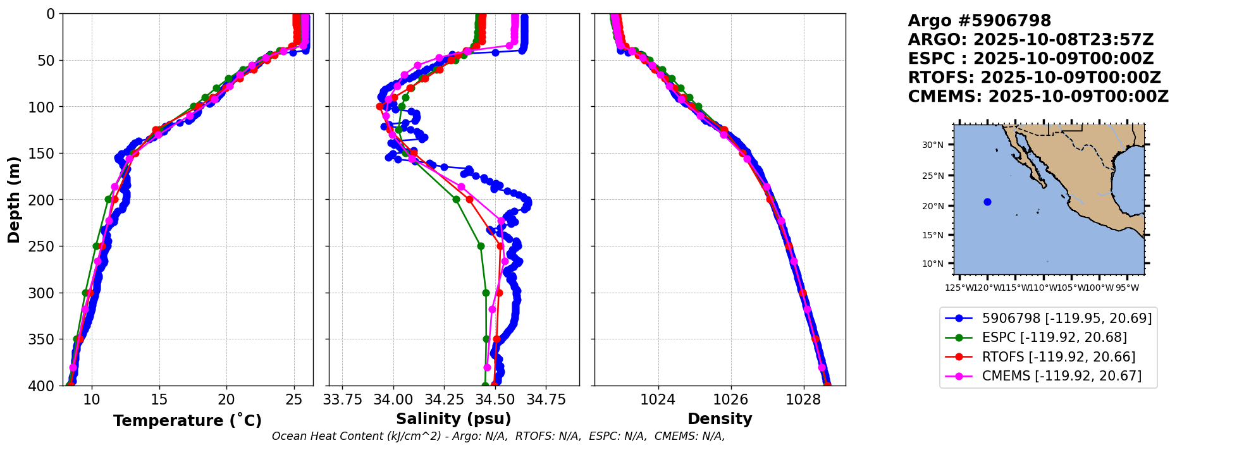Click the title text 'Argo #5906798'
[979, 21]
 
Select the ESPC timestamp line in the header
[1030, 59]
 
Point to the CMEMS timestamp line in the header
[1038, 97]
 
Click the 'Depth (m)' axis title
[13, 200]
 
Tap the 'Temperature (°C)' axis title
[187, 421]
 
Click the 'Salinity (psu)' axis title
[453, 419]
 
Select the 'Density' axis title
[720, 419]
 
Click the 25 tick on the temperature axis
[293, 399]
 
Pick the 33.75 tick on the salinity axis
[342, 399]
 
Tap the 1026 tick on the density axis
[730, 399]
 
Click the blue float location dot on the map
[987, 202]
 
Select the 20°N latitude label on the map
[932, 206]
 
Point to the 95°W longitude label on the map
[1126, 288]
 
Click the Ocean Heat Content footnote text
[498, 436]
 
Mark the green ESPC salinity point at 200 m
[456, 199]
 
